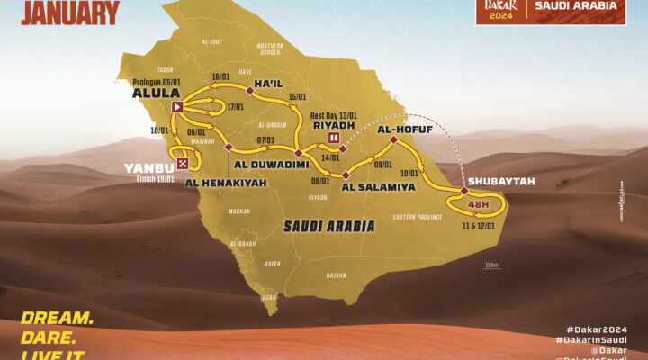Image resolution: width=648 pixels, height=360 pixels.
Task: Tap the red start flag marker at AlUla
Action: [x=178, y=108]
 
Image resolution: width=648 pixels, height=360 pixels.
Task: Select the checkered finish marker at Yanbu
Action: [x=184, y=164]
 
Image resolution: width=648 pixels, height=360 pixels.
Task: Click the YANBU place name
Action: [x=151, y=165]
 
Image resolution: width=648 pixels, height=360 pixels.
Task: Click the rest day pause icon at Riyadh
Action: [x=335, y=139]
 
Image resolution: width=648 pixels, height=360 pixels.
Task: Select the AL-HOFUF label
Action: [x=400, y=129]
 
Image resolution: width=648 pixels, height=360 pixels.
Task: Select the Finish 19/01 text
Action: [x=152, y=178]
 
